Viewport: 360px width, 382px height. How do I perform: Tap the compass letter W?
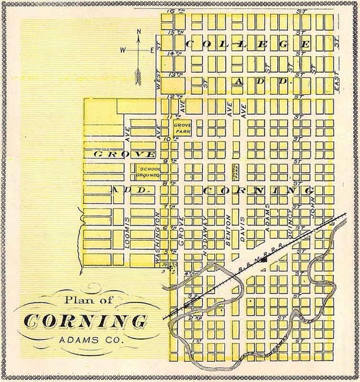[124, 48]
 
